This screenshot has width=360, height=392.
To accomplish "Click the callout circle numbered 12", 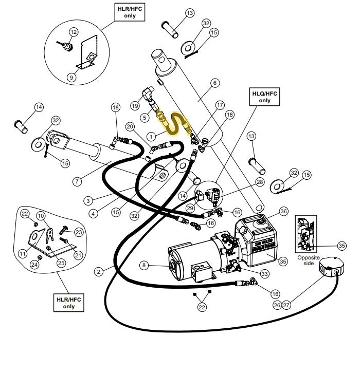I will coord(74,32).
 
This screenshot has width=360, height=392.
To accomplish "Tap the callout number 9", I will coord(71,78).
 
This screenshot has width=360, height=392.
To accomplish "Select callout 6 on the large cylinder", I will coord(215,83).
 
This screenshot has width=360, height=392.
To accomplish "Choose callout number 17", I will coord(220,105).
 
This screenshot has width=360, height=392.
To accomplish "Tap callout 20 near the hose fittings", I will coord(130,127).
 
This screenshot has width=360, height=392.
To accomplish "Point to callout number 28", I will coord(260,182).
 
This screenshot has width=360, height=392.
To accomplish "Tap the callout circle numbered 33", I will coord(264,274).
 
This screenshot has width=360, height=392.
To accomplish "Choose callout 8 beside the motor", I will coord(144,265).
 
